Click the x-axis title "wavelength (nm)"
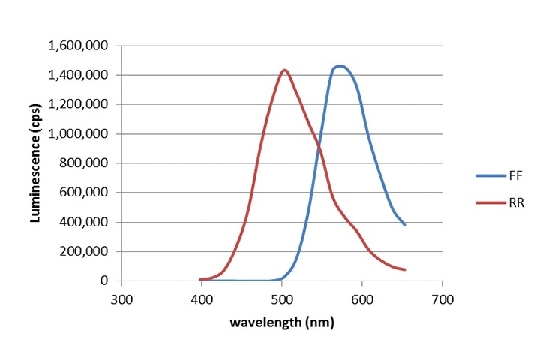pos(282,322)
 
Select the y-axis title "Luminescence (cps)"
pos(34,163)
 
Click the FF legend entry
pos(505,175)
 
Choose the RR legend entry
pos(505,202)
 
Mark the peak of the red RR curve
pos(285,70)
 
